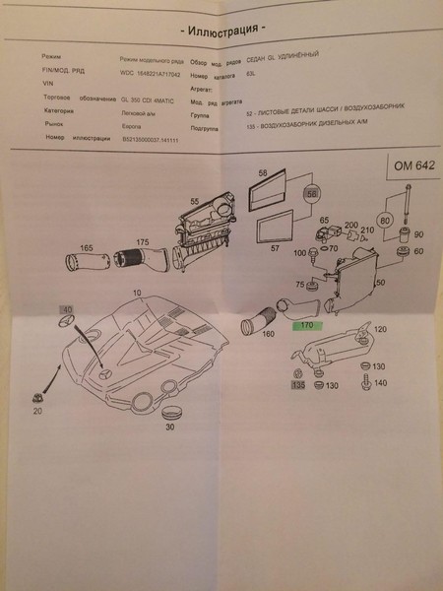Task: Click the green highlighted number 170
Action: click(x=304, y=321)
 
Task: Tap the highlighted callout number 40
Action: click(x=68, y=311)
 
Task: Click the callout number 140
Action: click(x=380, y=383)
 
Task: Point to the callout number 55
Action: click(x=194, y=201)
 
